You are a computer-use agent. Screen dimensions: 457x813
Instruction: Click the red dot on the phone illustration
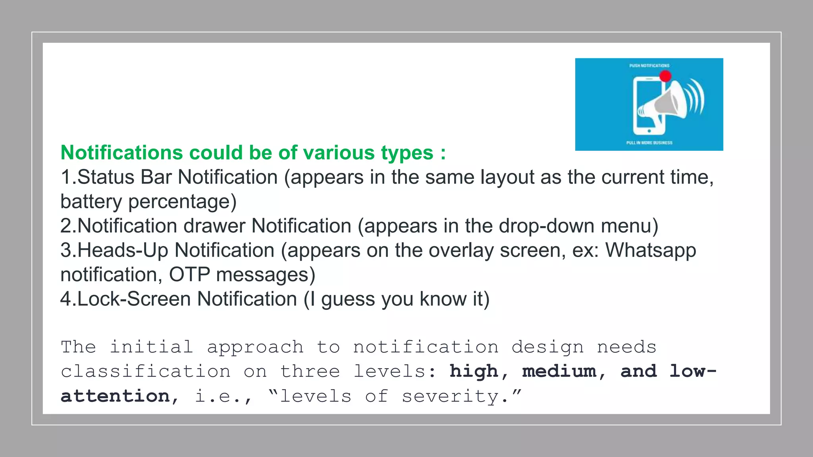click(x=665, y=76)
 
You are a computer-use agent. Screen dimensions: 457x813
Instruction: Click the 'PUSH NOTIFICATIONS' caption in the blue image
click(x=649, y=66)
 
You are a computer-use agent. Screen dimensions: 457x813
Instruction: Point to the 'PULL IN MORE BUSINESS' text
click(x=649, y=143)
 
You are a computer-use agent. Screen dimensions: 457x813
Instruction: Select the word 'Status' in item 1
click(x=106, y=177)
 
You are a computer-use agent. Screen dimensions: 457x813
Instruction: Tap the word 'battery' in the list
click(x=91, y=202)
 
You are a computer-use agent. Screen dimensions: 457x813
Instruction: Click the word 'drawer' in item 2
click(x=214, y=226)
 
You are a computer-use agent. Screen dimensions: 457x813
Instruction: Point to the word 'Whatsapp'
click(x=651, y=250)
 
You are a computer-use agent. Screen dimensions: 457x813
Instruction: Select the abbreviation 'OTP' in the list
click(x=189, y=275)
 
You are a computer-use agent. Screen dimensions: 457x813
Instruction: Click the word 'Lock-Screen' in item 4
click(x=134, y=299)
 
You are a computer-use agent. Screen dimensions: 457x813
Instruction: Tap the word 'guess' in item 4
click(x=348, y=299)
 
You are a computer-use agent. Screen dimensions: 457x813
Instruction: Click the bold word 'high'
click(x=474, y=372)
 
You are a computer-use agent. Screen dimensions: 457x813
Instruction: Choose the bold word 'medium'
click(x=559, y=372)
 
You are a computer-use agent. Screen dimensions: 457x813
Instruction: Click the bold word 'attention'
click(x=115, y=396)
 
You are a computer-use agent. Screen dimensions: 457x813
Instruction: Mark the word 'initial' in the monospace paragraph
click(x=151, y=347)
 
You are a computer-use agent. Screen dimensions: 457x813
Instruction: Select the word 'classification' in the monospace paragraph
click(x=146, y=372)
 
